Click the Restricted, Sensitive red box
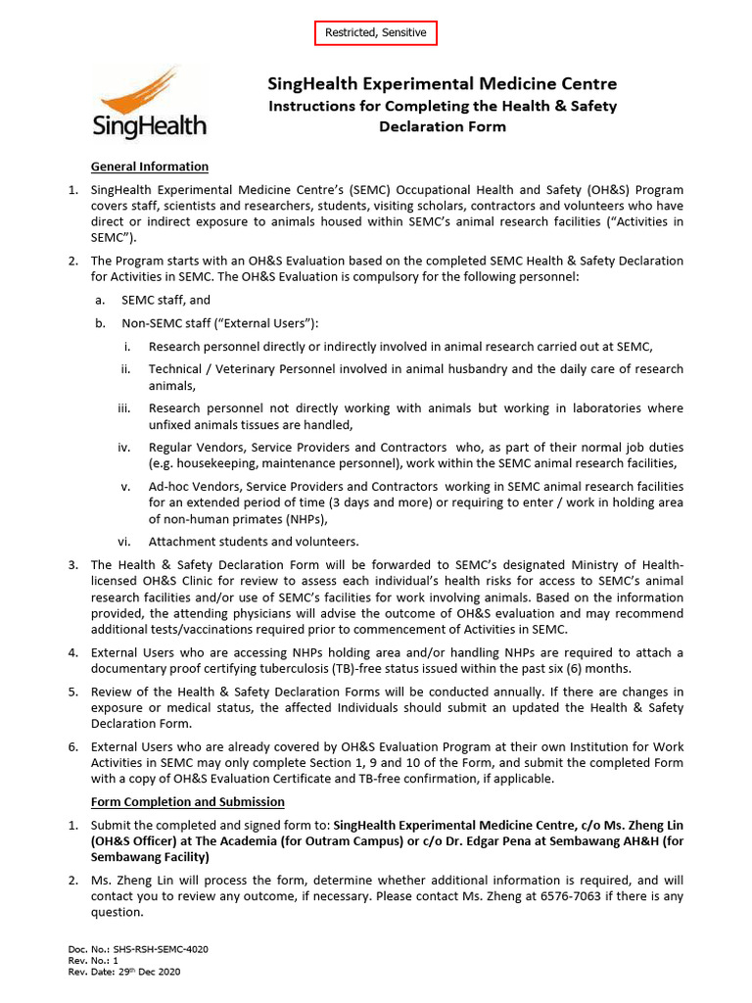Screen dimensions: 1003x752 tap(376, 32)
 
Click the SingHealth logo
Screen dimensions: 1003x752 tap(149, 103)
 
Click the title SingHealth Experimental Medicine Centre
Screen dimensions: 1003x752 tap(443, 84)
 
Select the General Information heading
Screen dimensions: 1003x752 tap(149, 167)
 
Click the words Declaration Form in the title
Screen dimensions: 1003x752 tap(443, 126)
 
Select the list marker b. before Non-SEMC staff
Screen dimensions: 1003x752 tap(99, 323)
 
